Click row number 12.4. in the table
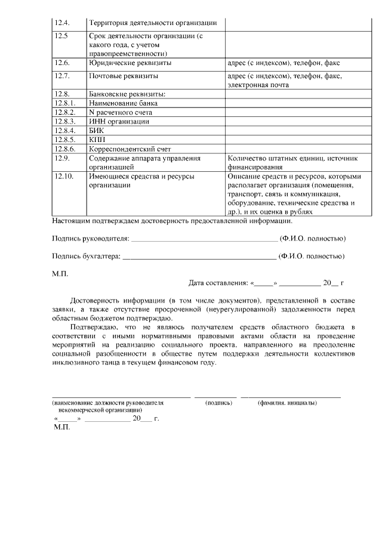(x=62, y=23)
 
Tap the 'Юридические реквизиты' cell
(x=130, y=63)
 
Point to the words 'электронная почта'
(x=258, y=85)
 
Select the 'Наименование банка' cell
(x=124, y=103)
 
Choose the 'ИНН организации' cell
(x=119, y=121)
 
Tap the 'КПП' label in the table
(x=97, y=139)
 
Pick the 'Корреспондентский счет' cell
(x=130, y=149)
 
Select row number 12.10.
(x=63, y=177)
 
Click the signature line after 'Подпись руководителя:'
(x=204, y=239)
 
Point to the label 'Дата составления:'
(x=218, y=283)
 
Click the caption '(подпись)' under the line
(x=218, y=403)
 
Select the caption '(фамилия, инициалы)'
(x=287, y=403)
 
